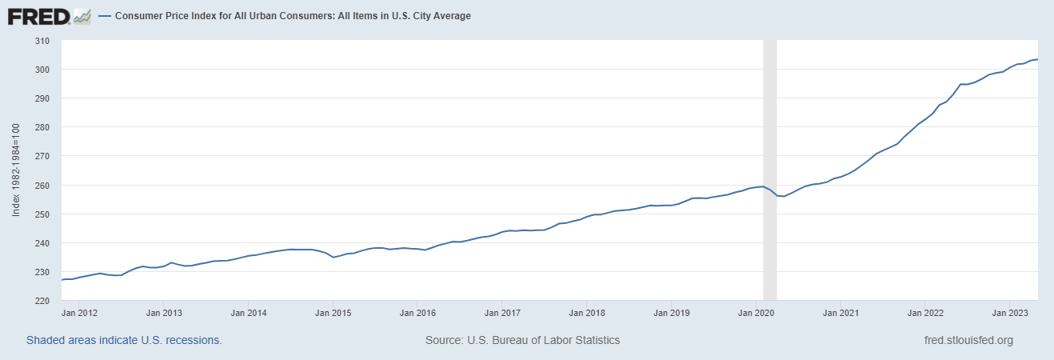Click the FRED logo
coord(50,16)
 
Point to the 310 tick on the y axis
coord(42,41)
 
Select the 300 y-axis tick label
coord(42,70)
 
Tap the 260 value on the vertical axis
coord(42,186)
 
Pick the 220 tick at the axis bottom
coord(42,301)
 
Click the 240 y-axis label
coord(42,243)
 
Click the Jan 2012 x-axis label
coord(78,313)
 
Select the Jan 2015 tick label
coord(332,313)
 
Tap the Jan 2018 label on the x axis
coord(586,313)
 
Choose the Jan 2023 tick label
coord(1009,313)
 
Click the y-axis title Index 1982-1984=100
coord(17,170)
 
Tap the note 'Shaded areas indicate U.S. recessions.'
coord(124,340)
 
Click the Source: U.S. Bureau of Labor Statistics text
coord(522,340)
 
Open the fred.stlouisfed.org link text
coord(968,340)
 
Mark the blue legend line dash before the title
coord(105,16)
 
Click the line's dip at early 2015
coord(333,257)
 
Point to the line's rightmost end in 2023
coord(1037,59)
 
